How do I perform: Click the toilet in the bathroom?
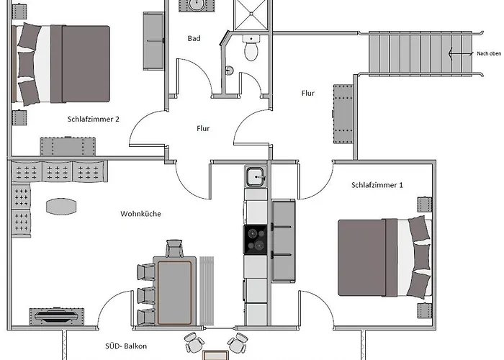(251, 48)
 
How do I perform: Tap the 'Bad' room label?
(194, 39)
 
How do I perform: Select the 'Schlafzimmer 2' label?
(93, 120)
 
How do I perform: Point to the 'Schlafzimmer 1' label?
(377, 185)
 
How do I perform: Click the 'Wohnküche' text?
(140, 214)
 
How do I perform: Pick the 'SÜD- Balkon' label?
(126, 346)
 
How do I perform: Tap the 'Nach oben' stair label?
(489, 54)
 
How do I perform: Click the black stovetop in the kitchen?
(255, 240)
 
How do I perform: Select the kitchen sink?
(256, 177)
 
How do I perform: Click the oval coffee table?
(61, 207)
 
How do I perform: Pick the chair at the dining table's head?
(174, 248)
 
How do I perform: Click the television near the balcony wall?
(57, 316)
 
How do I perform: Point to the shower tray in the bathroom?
(251, 15)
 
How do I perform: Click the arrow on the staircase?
(461, 54)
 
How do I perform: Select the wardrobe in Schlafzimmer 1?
(283, 240)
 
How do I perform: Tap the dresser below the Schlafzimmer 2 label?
(68, 147)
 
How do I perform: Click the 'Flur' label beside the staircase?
(308, 93)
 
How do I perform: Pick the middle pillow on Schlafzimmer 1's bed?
(421, 257)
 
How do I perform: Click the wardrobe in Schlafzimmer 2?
(153, 41)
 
